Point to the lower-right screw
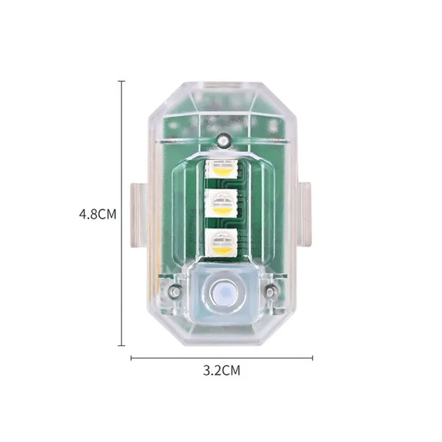click(x=270, y=291)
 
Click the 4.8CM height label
click(x=97, y=213)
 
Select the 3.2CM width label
click(x=221, y=371)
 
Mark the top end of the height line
click(x=121, y=81)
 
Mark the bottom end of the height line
click(x=121, y=345)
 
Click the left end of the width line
click(x=131, y=358)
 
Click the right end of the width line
click(x=312, y=358)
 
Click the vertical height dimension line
click(x=121, y=158)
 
